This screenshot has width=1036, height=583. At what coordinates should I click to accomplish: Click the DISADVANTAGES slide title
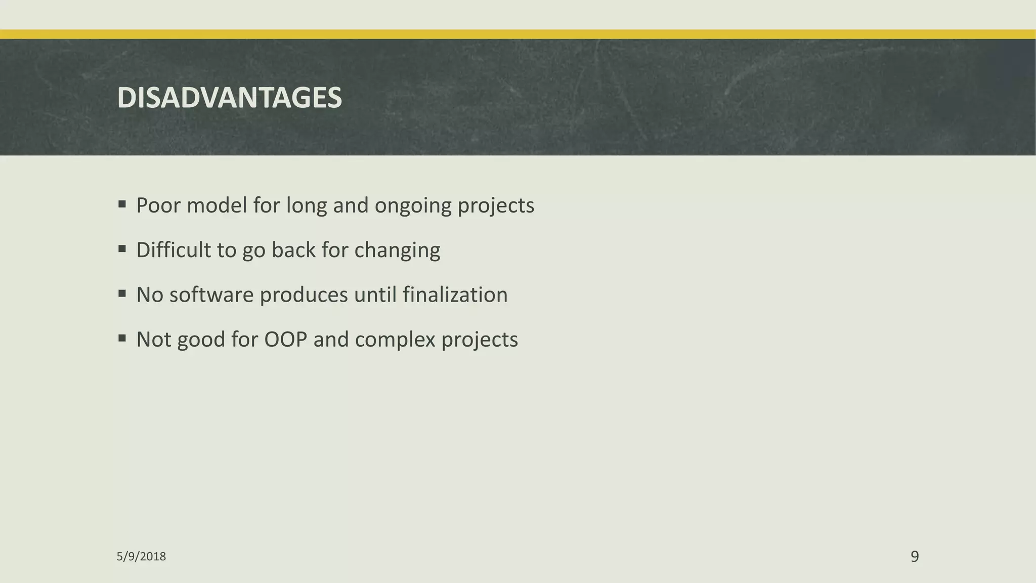(x=229, y=98)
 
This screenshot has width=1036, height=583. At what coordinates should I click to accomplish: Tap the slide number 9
(x=915, y=556)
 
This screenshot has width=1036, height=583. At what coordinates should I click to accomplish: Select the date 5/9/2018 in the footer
(x=141, y=557)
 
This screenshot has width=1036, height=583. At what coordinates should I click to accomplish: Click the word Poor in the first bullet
(x=158, y=205)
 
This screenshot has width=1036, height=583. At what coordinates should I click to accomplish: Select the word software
(x=211, y=295)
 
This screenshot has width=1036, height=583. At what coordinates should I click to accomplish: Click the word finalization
(x=455, y=295)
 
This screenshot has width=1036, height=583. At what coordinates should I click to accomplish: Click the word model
(x=217, y=205)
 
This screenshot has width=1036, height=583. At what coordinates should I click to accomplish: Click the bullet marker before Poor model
(x=122, y=204)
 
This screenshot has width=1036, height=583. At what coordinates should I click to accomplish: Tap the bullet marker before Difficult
(x=122, y=249)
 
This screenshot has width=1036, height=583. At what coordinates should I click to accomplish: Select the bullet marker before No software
(x=122, y=294)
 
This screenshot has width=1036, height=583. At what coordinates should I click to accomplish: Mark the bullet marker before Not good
(x=122, y=338)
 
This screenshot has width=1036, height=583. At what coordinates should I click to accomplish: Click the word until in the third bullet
(x=375, y=295)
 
